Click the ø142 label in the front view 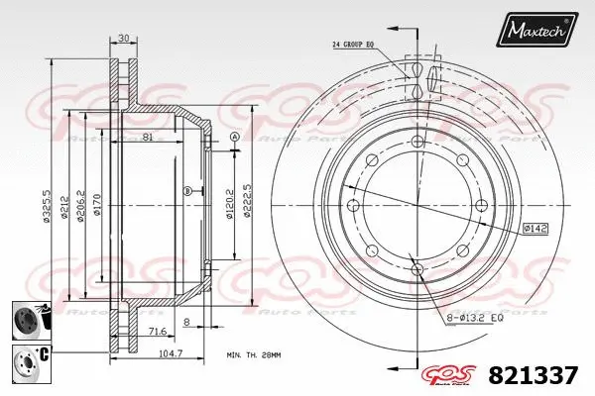point(536,229)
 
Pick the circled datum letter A point(234,137)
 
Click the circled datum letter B point(187,190)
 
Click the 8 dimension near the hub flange point(186,322)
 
